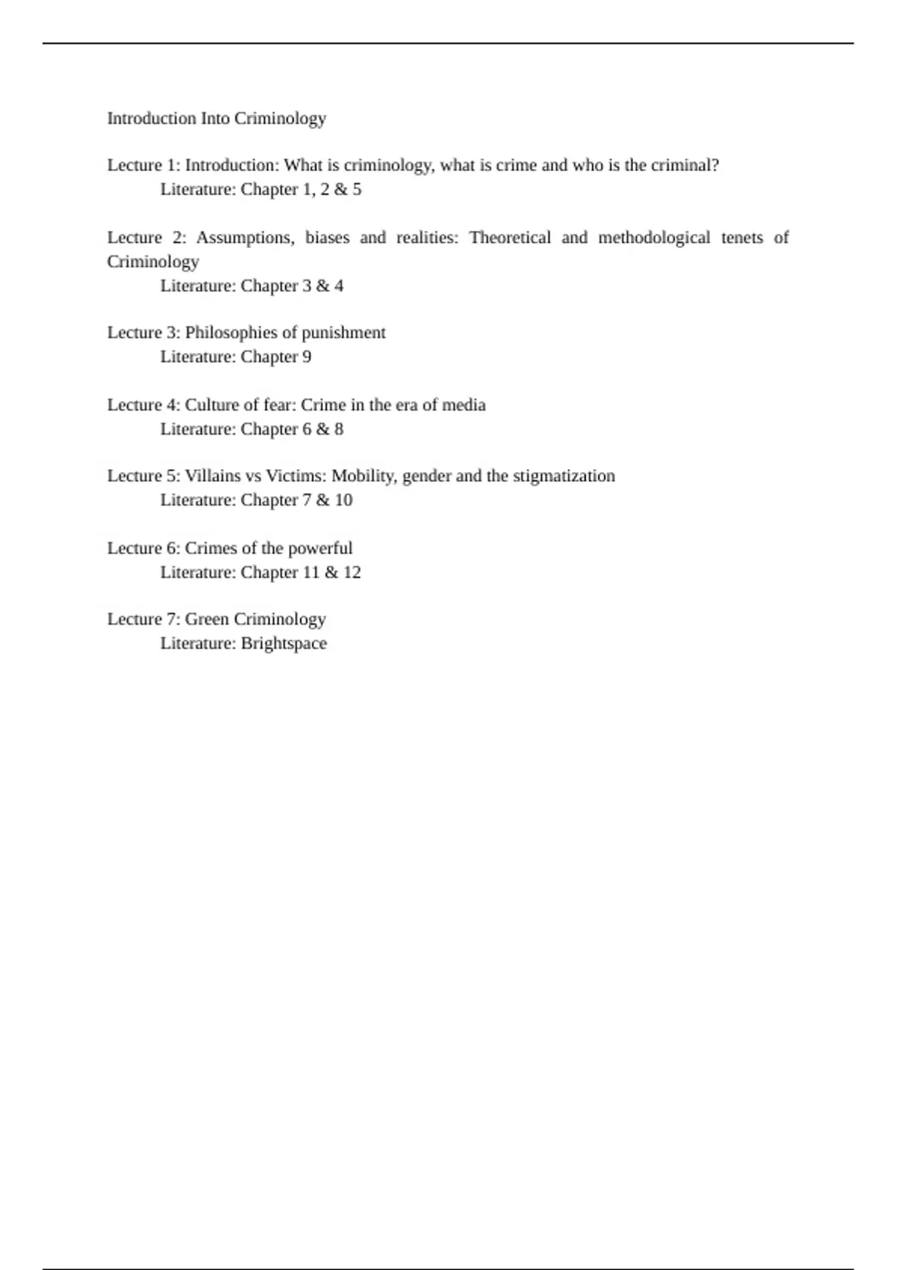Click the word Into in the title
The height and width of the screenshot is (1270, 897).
pos(215,119)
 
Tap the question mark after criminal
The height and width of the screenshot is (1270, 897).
pos(715,165)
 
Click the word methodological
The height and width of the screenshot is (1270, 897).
pos(654,238)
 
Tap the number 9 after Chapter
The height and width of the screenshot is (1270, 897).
pos(306,357)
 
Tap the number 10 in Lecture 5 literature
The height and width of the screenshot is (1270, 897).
pos(343,501)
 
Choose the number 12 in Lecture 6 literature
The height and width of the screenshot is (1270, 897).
pos(351,573)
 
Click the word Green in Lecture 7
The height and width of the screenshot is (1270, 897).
pos(207,619)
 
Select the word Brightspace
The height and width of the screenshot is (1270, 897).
pos(284,644)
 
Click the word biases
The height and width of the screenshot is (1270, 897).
pos(327,238)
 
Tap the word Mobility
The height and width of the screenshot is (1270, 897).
pos(364,476)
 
